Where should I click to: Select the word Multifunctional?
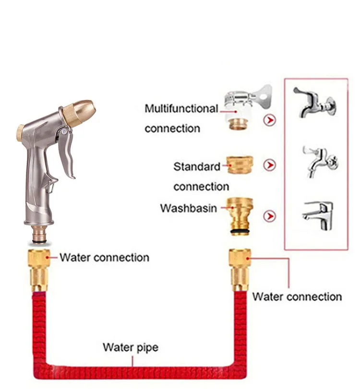(181, 109)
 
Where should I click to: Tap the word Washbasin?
(188, 208)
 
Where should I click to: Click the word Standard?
(196, 167)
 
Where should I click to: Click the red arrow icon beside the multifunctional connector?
(271, 119)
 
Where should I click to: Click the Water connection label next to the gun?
(104, 258)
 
